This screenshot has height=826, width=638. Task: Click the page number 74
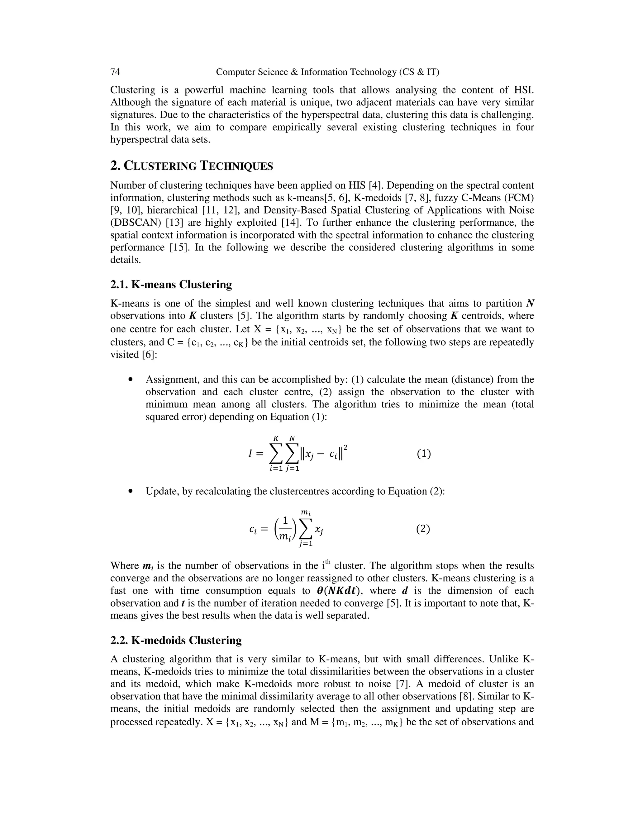(x=115, y=72)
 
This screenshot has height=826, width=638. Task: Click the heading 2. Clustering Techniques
(x=191, y=166)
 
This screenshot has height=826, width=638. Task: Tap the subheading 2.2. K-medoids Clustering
(x=176, y=640)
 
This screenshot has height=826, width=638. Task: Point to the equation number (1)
(x=424, y=454)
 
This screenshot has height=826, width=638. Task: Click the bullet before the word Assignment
(x=131, y=379)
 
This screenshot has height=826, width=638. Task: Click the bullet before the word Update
(x=131, y=491)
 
